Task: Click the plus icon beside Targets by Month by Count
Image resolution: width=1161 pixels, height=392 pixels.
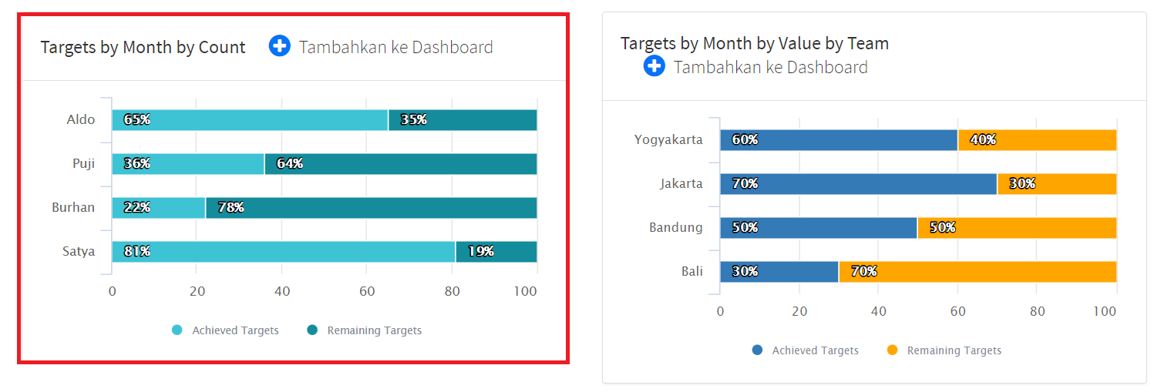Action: pos(280,46)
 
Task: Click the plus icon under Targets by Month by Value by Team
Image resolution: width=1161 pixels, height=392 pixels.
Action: pos(655,66)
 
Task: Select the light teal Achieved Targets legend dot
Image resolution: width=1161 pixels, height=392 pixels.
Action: pos(177,330)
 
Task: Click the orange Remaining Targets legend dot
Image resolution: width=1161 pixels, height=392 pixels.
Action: pos(893,350)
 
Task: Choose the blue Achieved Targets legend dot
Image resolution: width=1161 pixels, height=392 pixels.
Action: pos(758,350)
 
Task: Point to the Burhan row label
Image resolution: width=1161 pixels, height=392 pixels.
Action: pos(73,208)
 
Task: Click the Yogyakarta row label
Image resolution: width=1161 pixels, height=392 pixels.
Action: pos(668,140)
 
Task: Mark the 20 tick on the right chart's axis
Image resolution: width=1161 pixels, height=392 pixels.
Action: pos(799,312)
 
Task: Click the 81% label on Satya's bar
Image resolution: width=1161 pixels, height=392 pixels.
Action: pos(137,252)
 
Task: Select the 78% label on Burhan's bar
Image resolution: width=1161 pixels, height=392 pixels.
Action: pos(231,208)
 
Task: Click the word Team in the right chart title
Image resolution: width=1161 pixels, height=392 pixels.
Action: pos(870,44)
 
